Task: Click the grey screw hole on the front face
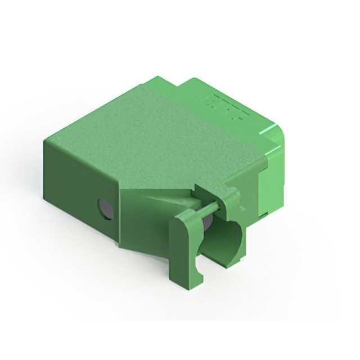click(105, 209)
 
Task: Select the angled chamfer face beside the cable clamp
click(143, 219)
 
